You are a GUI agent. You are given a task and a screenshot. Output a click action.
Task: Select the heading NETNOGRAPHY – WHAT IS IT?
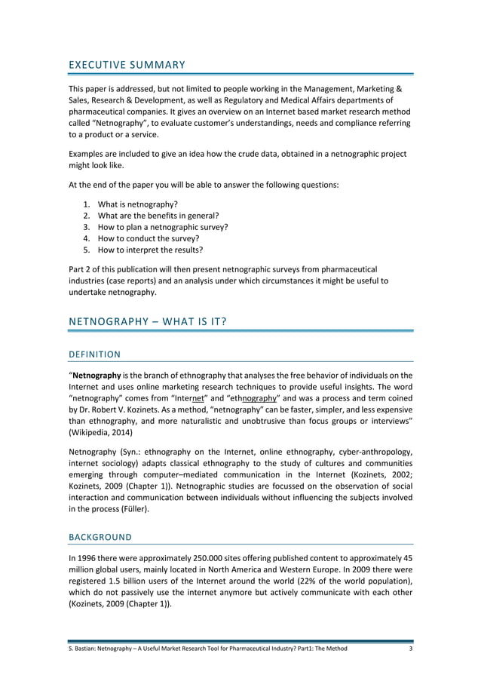(x=148, y=322)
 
